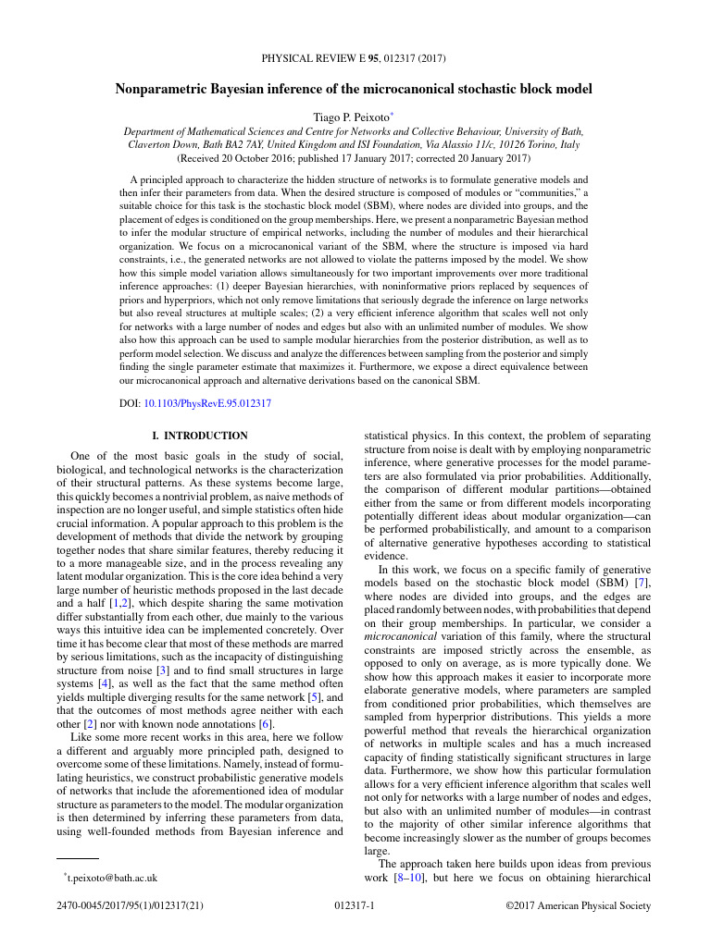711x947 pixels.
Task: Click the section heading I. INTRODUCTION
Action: pos(200,435)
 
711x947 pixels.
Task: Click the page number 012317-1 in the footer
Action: pos(354,907)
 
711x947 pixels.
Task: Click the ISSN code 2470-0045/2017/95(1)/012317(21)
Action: pos(128,907)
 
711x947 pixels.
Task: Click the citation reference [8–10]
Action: pos(408,878)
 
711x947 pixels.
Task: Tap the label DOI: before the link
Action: pos(130,403)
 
